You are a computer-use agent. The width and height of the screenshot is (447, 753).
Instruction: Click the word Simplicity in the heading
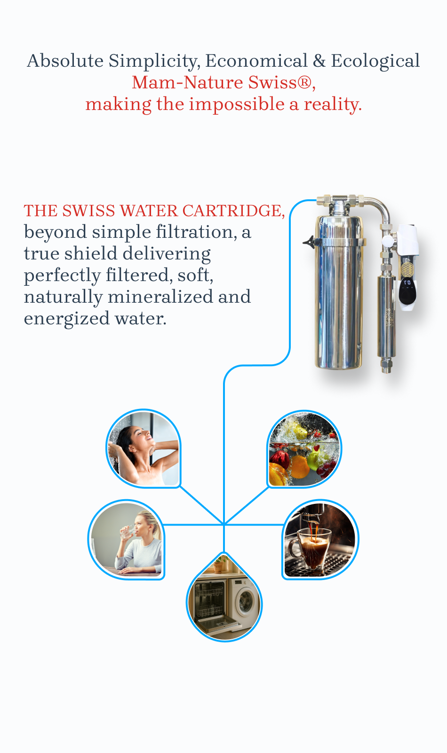tap(154, 61)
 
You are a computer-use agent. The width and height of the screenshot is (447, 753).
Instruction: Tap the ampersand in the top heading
tap(319, 61)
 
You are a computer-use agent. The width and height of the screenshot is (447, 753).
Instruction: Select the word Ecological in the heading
tap(375, 61)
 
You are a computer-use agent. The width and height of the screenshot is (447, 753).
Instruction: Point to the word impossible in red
tap(237, 104)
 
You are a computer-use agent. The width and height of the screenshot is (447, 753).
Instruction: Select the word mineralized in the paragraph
tap(160, 297)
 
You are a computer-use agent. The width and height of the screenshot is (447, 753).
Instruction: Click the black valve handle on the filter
tap(309, 242)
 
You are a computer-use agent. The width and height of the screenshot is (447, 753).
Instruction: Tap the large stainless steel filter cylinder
tap(339, 292)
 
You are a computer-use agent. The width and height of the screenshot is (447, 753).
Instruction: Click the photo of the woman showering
tap(144, 449)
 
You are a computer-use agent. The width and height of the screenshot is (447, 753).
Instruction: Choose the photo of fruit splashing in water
tap(304, 449)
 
